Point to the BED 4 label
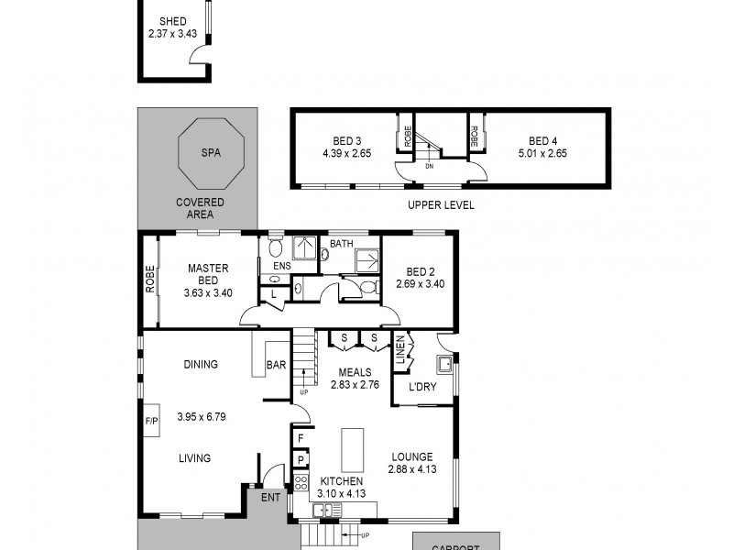(542, 141)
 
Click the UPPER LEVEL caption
(441, 205)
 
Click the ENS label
(281, 266)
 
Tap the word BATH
(341, 244)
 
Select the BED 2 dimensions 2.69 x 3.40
(419, 285)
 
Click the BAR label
(276, 366)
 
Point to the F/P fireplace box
(151, 422)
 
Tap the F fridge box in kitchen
(300, 439)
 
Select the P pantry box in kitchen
(300, 460)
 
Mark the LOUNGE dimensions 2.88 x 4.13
(411, 469)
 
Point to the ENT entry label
(270, 498)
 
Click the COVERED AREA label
(195, 208)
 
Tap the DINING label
(200, 365)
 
